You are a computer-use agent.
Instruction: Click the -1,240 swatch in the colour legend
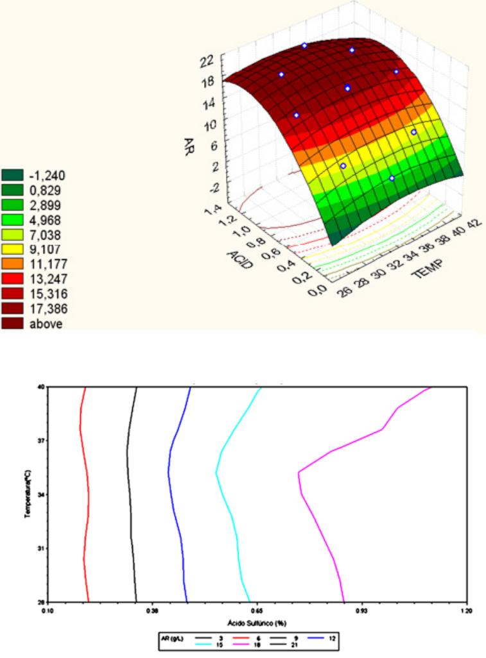coord(12,175)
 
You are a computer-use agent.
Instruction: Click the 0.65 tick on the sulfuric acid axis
coord(257,610)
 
